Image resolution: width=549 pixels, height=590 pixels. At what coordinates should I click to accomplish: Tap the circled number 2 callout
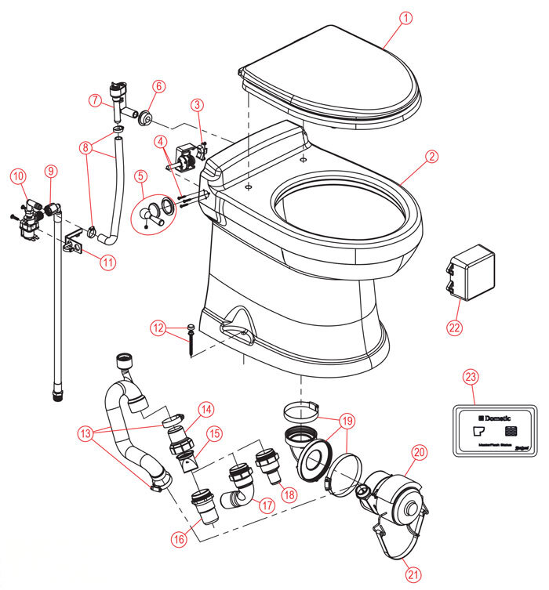(431, 156)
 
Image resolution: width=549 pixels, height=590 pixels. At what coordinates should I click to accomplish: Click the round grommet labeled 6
(145, 118)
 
